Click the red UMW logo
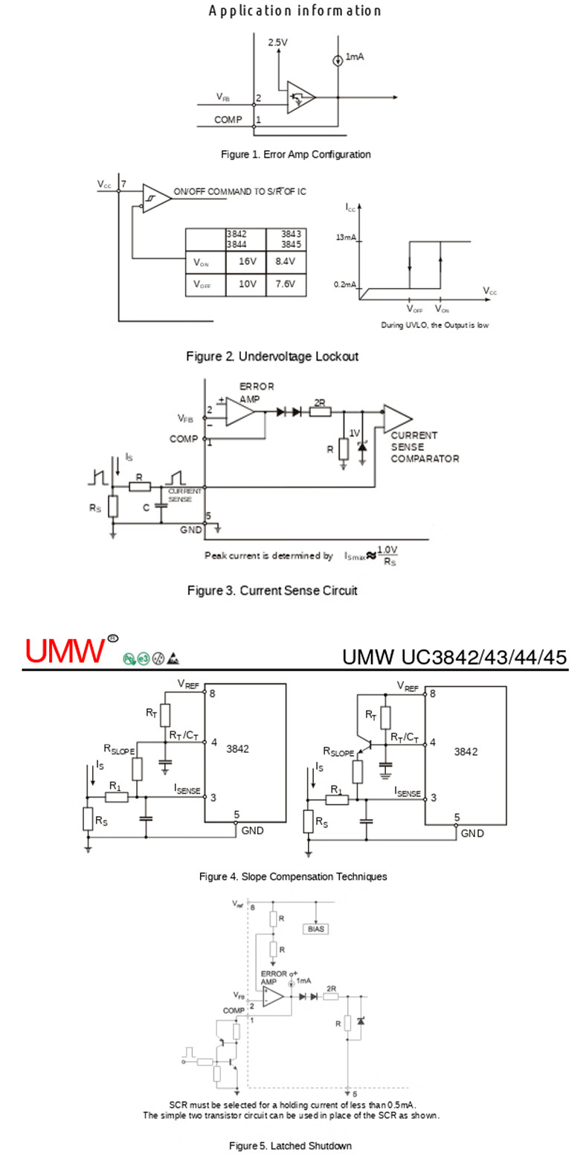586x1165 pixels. click(65, 650)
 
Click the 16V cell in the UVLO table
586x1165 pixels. click(247, 262)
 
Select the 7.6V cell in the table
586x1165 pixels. click(285, 284)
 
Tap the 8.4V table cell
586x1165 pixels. click(285, 262)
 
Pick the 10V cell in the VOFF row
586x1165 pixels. click(247, 284)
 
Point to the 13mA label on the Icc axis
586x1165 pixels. click(347, 237)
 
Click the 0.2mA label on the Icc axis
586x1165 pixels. click(345, 285)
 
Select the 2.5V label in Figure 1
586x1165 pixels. click(277, 42)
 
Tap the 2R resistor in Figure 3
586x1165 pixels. click(321, 411)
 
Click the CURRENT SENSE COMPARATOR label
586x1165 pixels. click(425, 447)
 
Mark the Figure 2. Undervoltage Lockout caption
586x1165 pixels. click(272, 356)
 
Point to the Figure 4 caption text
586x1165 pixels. click(293, 877)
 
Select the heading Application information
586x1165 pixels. click(294, 10)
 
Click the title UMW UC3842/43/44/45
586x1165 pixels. click(454, 658)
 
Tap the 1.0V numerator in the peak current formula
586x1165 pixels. click(388, 550)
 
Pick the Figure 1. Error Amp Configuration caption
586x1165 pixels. click(296, 155)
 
